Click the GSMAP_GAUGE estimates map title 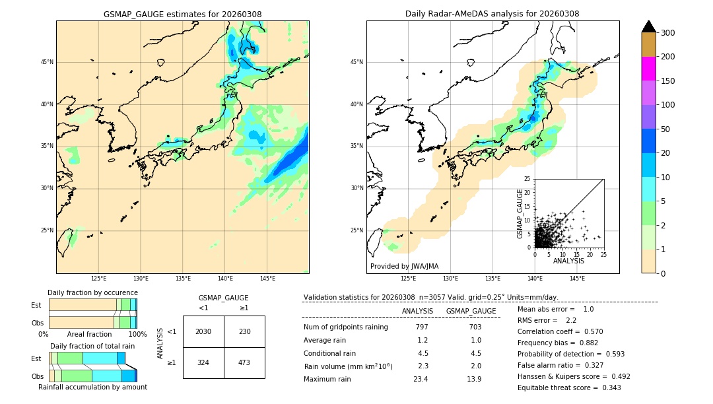click(x=182, y=14)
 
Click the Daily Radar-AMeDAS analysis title click(x=492, y=14)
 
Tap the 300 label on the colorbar click(x=667, y=33)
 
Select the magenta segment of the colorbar click(x=649, y=69)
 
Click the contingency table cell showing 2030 click(x=203, y=331)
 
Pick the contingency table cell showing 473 click(x=244, y=362)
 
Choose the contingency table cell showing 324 click(x=203, y=362)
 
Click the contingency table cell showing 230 click(x=244, y=331)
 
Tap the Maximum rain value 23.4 click(x=421, y=379)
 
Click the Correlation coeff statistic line click(x=560, y=331)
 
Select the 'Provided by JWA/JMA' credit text click(x=404, y=267)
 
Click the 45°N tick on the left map click(x=46, y=62)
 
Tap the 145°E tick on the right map click(x=577, y=279)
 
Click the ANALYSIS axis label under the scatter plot click(x=568, y=261)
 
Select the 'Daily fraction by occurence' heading click(x=92, y=292)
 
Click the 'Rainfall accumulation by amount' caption click(x=92, y=387)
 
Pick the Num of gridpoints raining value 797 click(x=422, y=327)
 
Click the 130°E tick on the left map click(x=141, y=279)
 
